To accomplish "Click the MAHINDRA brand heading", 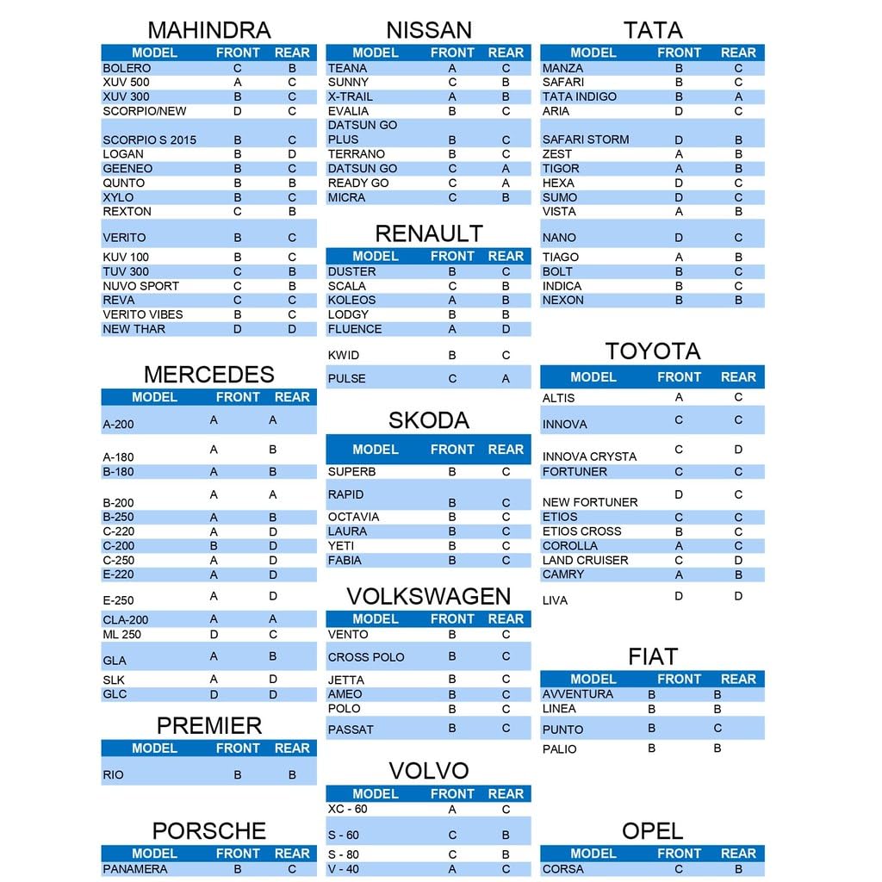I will [209, 30].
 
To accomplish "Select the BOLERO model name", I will [127, 68].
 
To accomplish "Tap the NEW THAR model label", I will [134, 329].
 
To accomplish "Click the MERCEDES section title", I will [209, 375].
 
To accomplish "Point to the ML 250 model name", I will [121, 635].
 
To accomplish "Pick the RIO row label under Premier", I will [113, 775].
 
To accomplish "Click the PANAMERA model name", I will [135, 869].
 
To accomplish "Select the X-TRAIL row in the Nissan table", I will [351, 96].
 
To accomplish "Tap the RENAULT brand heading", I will [429, 233].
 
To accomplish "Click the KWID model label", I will [344, 355].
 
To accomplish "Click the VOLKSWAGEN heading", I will [429, 596].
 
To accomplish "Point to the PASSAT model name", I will [351, 730].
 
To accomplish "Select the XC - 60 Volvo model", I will [347, 809].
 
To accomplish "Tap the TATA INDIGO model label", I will [580, 96].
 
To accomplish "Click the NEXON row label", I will [563, 301].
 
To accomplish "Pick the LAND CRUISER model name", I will [586, 560].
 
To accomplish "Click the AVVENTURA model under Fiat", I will [578, 694].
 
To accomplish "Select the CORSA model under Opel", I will [563, 869].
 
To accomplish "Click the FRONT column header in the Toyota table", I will [680, 377].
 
